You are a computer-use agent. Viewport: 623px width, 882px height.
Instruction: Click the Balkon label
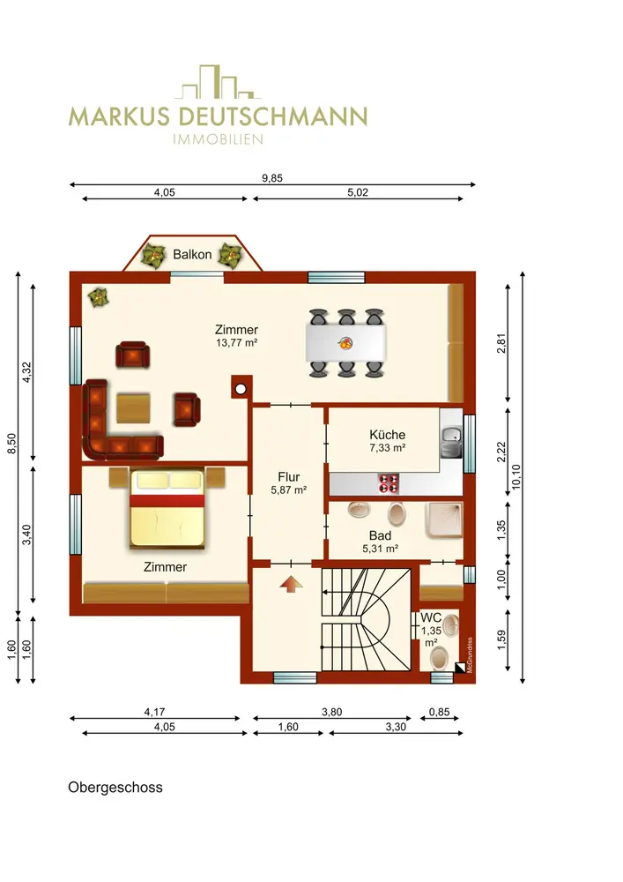pos(192,255)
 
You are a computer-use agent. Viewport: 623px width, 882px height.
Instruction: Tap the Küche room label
pos(387,435)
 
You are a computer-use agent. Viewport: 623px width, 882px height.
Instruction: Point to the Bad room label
pos(381,536)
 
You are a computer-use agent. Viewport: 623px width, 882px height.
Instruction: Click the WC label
pos(431,617)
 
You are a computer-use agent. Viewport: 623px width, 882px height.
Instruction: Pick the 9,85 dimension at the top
pos(272,178)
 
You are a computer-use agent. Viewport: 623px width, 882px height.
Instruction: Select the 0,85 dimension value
pos(440,712)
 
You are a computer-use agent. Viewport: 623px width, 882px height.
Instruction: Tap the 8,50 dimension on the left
pos(11,443)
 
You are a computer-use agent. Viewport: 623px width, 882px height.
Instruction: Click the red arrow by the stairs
pos(291,584)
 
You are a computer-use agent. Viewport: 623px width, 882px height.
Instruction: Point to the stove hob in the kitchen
pos(389,483)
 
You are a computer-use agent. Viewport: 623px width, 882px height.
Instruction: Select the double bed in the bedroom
pos(167,509)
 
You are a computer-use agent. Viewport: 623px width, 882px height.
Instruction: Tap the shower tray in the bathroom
pos(444,520)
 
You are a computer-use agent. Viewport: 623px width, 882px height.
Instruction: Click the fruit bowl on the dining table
pos(345,342)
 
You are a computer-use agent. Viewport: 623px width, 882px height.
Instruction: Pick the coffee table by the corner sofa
pos(133,408)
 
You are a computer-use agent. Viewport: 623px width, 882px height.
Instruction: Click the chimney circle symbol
pos(241,389)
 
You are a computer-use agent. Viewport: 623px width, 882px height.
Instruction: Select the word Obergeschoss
pos(115,788)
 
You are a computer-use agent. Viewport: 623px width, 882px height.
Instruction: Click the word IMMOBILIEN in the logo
pos(218,139)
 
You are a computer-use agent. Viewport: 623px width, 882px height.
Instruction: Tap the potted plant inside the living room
pos(99,297)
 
